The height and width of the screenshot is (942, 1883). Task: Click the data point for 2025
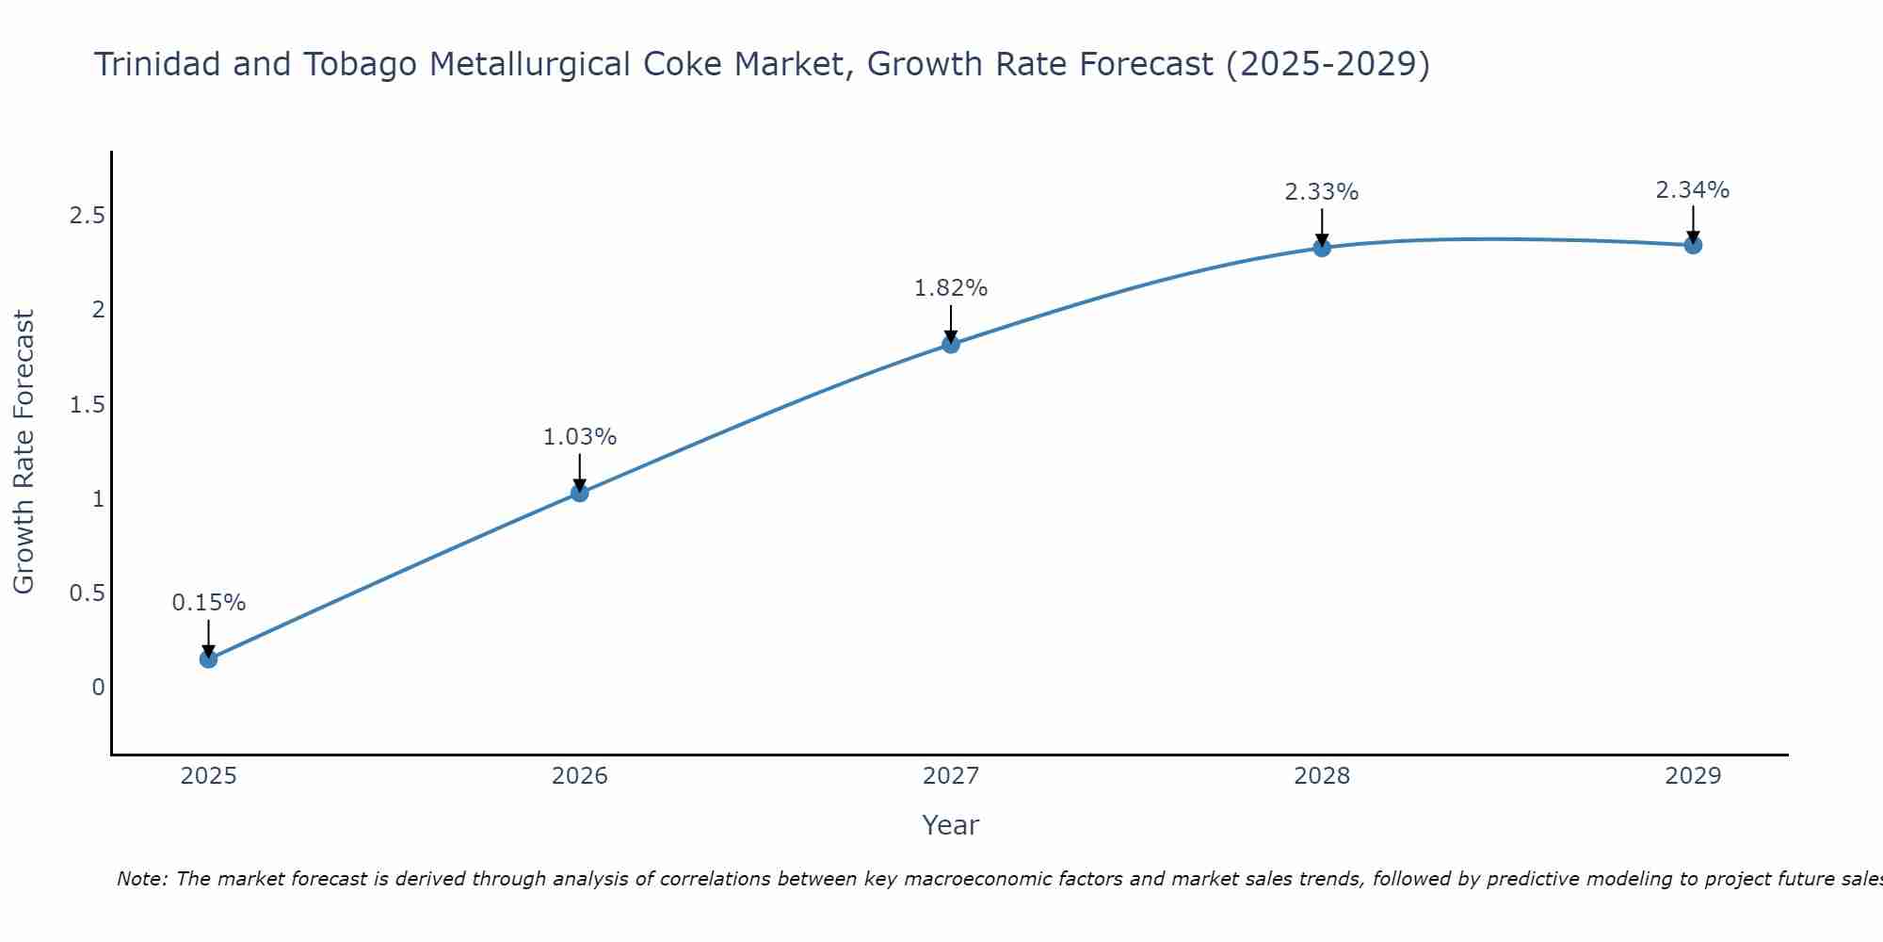(x=208, y=658)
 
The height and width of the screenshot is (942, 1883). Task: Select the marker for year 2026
(x=579, y=493)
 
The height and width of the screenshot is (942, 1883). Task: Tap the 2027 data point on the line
(x=951, y=344)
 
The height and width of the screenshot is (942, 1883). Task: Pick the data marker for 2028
(x=1322, y=248)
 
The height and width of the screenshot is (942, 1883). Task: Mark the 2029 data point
(x=1693, y=246)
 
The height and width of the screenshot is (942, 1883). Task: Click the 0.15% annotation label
(x=208, y=603)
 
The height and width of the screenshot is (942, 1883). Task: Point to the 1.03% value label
(x=579, y=437)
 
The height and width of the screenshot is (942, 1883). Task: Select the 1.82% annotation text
(x=951, y=288)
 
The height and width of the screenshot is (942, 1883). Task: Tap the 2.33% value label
(x=1322, y=192)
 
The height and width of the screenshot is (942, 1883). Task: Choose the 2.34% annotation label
(x=1693, y=190)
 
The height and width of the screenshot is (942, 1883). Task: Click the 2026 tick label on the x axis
(x=579, y=776)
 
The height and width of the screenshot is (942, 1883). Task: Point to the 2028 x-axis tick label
(x=1322, y=776)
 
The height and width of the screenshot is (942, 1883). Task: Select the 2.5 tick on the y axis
(x=87, y=216)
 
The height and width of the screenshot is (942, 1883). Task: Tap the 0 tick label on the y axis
(x=98, y=688)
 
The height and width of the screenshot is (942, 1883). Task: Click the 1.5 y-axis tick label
(x=87, y=405)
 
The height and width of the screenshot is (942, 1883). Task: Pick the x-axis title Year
(x=951, y=825)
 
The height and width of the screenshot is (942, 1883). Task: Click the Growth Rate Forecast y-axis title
(x=24, y=452)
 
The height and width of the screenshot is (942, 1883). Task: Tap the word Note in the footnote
(x=141, y=879)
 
